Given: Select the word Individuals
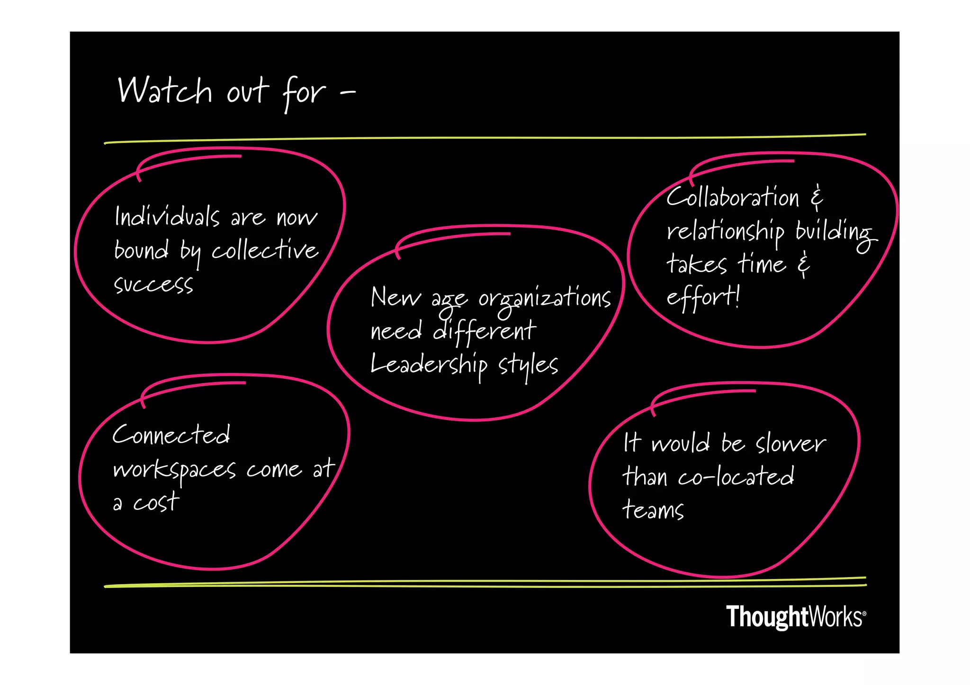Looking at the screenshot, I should click(x=167, y=217).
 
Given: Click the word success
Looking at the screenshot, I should click(x=153, y=284).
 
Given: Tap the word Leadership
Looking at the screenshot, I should click(x=429, y=365).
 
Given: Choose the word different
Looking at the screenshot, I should click(x=485, y=330).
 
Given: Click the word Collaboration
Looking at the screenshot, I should click(x=733, y=197).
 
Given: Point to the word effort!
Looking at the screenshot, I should click(x=703, y=297).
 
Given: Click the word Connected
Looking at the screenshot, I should click(x=171, y=435).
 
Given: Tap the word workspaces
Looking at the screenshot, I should click(x=174, y=470).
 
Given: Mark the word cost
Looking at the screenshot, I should click(x=156, y=502).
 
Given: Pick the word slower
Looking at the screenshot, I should click(x=790, y=444).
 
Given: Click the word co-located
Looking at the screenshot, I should click(x=736, y=477).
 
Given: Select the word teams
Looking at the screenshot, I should click(x=653, y=510).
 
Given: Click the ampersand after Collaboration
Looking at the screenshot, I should click(x=817, y=197).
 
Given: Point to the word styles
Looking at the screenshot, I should click(x=528, y=365).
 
